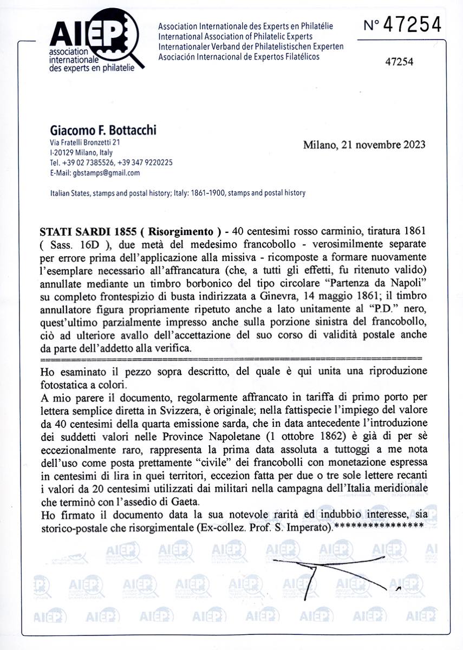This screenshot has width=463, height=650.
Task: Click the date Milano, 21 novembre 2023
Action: tap(364, 145)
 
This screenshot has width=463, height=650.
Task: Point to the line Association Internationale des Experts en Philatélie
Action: tap(245, 27)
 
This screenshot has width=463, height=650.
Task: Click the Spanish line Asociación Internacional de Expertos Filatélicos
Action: tap(239, 56)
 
